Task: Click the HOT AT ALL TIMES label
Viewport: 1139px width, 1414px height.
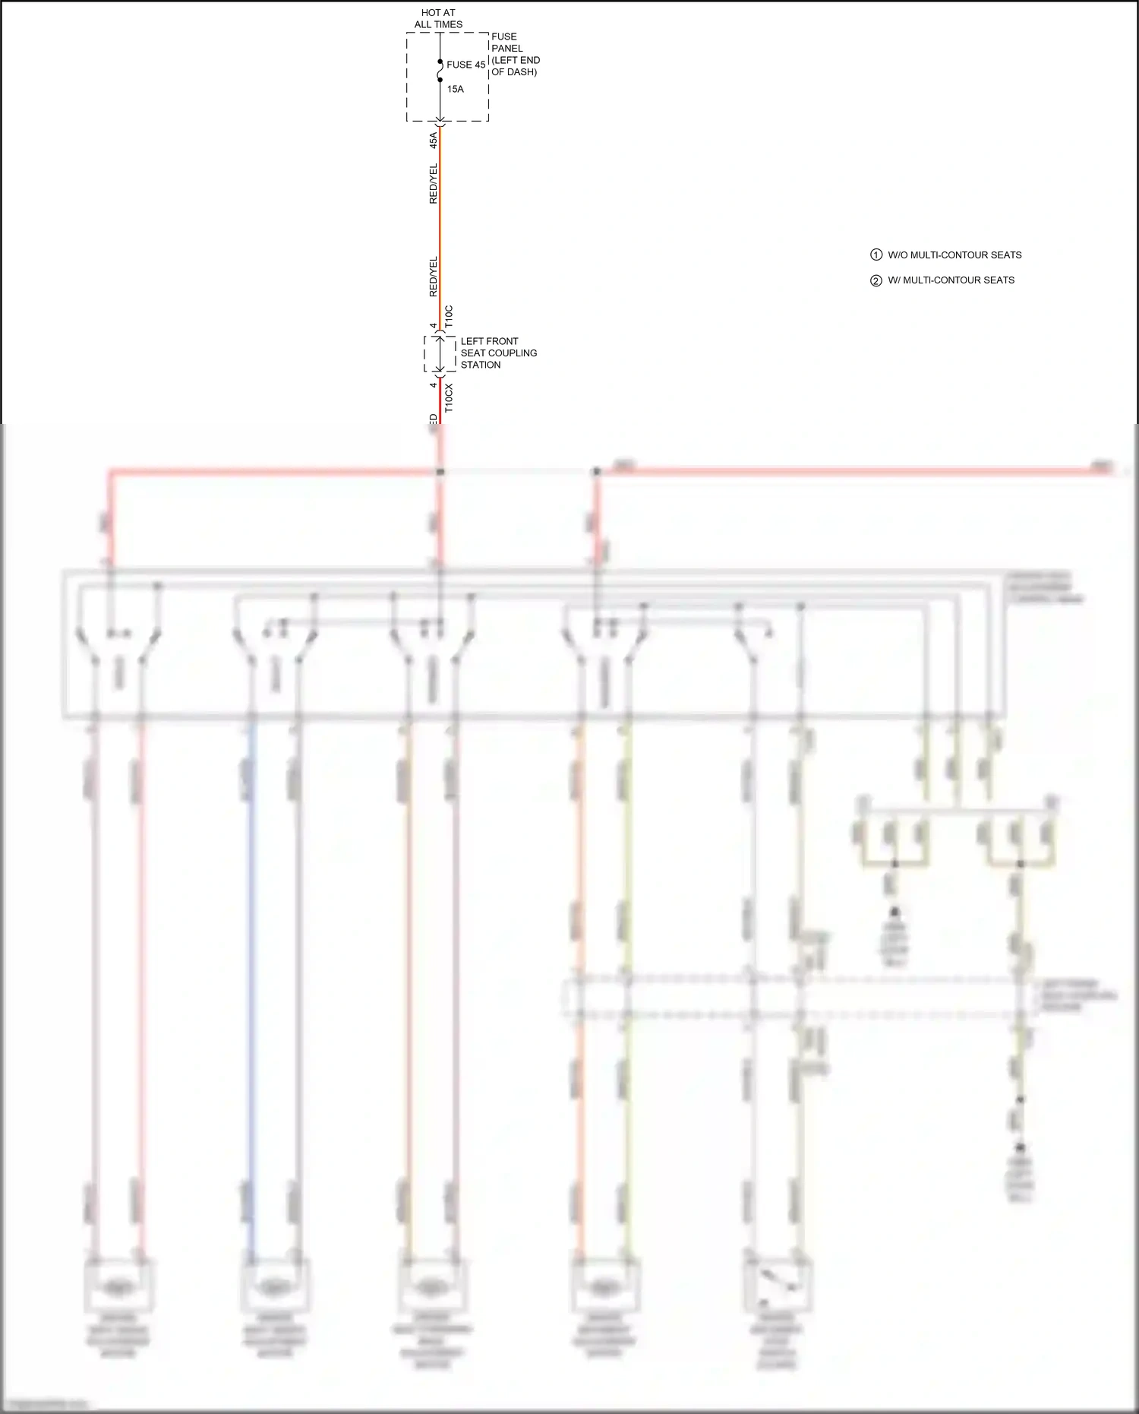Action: (438, 18)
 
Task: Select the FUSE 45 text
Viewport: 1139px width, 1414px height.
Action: (465, 65)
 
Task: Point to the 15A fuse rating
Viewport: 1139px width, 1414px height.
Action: (455, 89)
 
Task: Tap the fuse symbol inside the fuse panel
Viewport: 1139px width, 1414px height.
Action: (440, 71)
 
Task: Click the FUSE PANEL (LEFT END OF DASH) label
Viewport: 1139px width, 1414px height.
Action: (515, 54)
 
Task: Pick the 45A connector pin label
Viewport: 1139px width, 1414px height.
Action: (434, 140)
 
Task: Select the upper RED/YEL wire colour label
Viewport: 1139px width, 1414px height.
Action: (434, 183)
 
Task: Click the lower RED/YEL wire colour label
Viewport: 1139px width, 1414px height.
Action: (434, 277)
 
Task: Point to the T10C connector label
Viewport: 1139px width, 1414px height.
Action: (449, 316)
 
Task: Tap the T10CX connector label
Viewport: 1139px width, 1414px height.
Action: (449, 398)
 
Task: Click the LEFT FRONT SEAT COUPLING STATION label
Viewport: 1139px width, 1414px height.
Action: (498, 353)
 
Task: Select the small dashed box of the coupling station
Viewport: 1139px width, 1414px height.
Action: (440, 354)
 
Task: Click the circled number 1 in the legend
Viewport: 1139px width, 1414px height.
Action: (876, 255)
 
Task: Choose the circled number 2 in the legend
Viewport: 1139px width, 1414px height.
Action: (876, 280)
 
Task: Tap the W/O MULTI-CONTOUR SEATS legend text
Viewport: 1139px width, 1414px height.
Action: (954, 255)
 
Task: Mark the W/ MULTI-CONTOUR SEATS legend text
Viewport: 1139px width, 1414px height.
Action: (951, 280)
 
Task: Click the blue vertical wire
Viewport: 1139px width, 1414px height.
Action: (252, 988)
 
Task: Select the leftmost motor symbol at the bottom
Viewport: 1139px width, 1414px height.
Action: (118, 1286)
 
